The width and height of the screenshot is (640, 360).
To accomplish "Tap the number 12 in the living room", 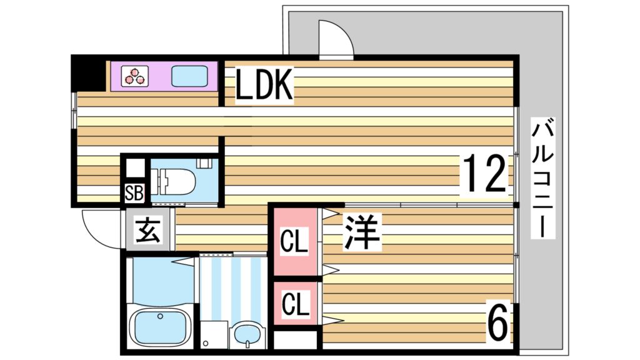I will point(484,174).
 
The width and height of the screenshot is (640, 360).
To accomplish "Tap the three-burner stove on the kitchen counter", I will point(134,76).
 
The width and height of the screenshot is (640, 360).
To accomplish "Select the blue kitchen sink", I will point(191,76).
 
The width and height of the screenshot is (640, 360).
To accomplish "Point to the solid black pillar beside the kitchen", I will point(87,73).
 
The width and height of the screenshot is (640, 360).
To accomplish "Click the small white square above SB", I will point(134,169).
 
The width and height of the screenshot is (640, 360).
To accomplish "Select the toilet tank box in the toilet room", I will point(204,162).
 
